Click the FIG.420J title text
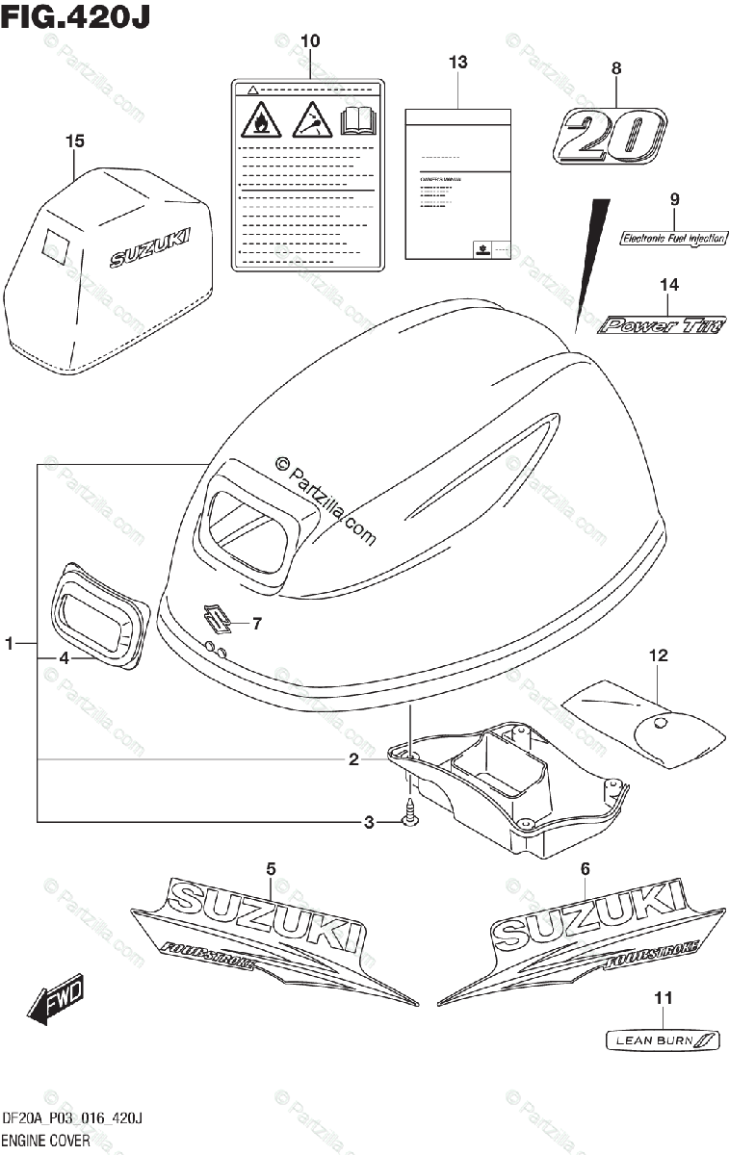[77, 16]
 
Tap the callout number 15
[75, 141]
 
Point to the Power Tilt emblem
[662, 325]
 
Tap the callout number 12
[658, 656]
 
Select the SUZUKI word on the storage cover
[149, 248]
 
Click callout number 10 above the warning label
[310, 41]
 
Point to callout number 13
[457, 63]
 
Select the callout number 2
[353, 760]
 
